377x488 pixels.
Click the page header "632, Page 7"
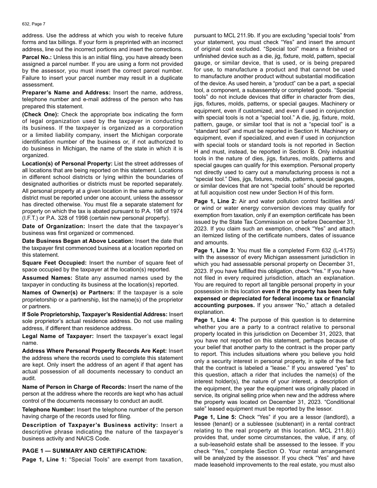(x=34, y=24)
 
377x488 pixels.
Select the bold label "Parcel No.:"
(x=37, y=57)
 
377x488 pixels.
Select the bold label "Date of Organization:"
(x=54, y=226)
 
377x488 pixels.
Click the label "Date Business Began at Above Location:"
(x=78, y=241)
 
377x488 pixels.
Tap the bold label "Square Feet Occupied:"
(x=54, y=263)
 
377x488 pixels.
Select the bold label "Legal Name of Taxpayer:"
(x=58, y=336)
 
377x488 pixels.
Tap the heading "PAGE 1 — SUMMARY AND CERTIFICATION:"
(x=84, y=451)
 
